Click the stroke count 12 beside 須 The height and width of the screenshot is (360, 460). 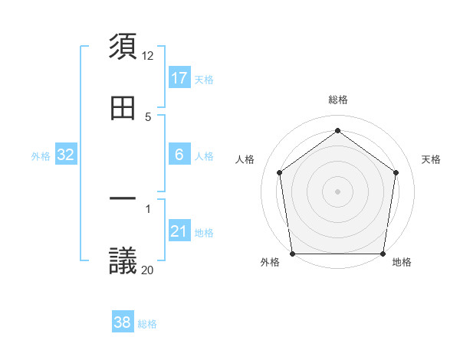(148, 55)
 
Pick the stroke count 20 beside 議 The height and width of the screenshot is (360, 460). (148, 270)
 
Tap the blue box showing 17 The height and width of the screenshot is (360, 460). (179, 78)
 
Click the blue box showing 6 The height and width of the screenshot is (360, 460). (179, 155)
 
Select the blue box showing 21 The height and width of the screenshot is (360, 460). (179, 231)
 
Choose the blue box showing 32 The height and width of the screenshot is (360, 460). (66, 155)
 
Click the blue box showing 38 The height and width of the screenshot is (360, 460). (123, 323)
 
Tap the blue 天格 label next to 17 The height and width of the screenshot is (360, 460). (204, 79)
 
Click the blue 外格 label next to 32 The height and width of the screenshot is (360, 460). (41, 155)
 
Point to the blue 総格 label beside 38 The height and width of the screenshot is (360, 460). (147, 324)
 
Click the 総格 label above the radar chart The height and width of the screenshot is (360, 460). (338, 100)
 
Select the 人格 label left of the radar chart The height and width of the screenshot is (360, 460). (245, 159)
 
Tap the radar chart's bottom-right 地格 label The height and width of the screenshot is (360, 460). (402, 262)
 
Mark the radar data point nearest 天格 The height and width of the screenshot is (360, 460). (396, 172)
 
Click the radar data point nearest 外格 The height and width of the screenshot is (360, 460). (293, 254)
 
